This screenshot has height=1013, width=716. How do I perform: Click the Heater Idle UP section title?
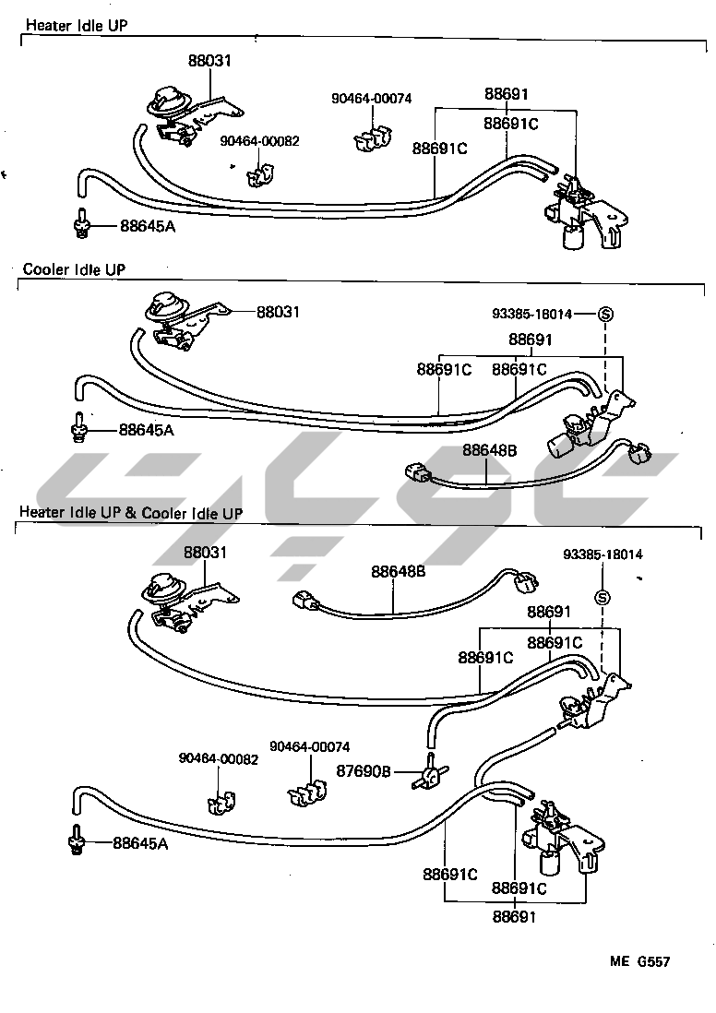(76, 25)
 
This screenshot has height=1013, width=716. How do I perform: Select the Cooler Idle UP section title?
(74, 269)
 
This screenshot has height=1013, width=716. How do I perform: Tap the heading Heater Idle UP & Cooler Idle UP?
(131, 512)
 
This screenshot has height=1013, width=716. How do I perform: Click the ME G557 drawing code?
(638, 961)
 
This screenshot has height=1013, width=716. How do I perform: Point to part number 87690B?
(364, 771)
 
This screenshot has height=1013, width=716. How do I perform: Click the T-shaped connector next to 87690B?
(429, 770)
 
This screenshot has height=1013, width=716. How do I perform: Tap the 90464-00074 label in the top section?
(372, 99)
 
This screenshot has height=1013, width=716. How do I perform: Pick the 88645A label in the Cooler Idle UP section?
(146, 430)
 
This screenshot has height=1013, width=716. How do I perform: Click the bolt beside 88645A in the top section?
(82, 222)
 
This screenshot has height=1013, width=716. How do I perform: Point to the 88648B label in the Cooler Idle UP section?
(489, 450)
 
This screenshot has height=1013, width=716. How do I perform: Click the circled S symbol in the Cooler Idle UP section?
(606, 314)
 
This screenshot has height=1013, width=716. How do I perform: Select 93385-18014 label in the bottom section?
(603, 554)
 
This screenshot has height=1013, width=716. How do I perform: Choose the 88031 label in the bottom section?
(205, 553)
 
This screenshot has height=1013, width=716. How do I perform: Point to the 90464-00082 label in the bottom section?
(219, 759)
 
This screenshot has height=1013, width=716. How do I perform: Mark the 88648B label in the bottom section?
(399, 572)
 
